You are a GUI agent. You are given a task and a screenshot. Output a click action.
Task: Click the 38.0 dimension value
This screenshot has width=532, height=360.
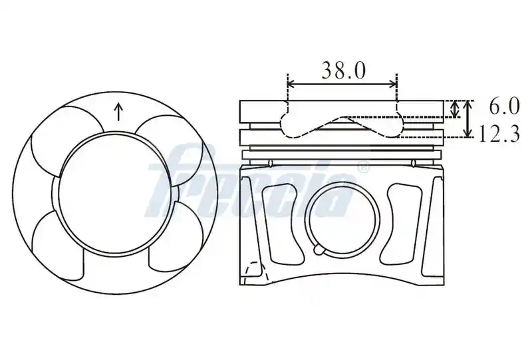(x=343, y=71)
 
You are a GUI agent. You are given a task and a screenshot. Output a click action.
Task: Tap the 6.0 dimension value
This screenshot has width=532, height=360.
(x=504, y=106)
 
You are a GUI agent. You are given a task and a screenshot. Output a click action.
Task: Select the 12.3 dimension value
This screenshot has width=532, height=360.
(x=499, y=134)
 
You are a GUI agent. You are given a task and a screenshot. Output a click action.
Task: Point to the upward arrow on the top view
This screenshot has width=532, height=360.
(x=118, y=112)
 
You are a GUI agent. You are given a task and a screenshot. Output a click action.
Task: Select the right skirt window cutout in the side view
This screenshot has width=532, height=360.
(x=404, y=224)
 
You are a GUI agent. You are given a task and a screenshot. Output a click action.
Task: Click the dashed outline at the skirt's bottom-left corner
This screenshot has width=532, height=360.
(x=255, y=271)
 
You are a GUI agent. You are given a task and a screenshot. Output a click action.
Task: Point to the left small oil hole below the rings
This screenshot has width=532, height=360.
(x=271, y=163)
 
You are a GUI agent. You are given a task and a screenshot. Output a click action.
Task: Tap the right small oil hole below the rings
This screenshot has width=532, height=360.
(x=413, y=163)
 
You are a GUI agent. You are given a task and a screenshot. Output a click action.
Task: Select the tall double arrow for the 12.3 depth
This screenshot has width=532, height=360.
(x=468, y=118)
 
